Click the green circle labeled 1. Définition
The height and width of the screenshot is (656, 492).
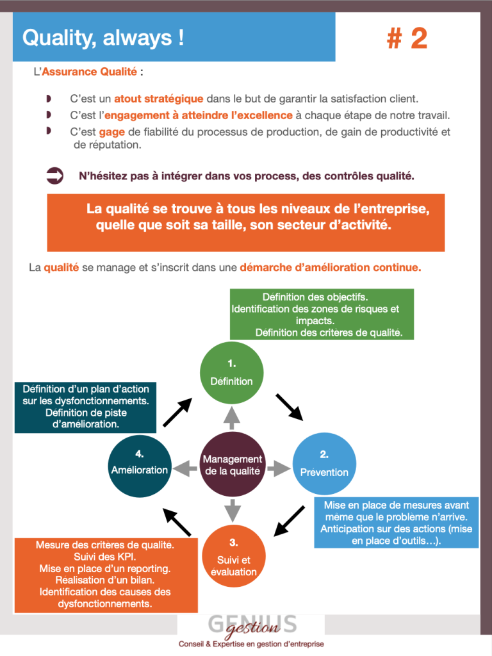click(x=231, y=373)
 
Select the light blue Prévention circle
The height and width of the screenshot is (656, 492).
click(x=324, y=464)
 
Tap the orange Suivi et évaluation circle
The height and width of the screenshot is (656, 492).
click(x=234, y=556)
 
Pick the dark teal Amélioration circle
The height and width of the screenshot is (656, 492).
click(x=140, y=466)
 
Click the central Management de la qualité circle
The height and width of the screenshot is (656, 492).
click(x=232, y=464)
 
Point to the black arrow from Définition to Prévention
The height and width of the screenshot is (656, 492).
click(x=289, y=407)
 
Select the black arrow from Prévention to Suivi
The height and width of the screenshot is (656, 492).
click(x=289, y=521)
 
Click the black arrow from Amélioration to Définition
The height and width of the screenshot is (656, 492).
click(x=177, y=412)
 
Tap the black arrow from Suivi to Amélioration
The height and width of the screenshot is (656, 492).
click(x=177, y=522)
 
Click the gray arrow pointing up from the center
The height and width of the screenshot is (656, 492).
click(x=232, y=418)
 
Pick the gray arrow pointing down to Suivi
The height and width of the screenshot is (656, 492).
click(x=232, y=510)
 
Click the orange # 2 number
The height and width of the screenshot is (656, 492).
click(x=407, y=38)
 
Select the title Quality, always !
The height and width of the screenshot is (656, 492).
click(x=103, y=38)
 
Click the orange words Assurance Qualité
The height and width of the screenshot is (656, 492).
click(x=90, y=72)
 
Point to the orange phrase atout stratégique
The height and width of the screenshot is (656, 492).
click(x=159, y=99)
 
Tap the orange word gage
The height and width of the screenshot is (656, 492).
click(x=111, y=132)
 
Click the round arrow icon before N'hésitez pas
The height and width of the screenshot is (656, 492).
click(x=55, y=176)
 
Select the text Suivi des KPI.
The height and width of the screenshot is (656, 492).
click(x=105, y=557)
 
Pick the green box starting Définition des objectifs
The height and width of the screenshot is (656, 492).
click(x=322, y=314)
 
